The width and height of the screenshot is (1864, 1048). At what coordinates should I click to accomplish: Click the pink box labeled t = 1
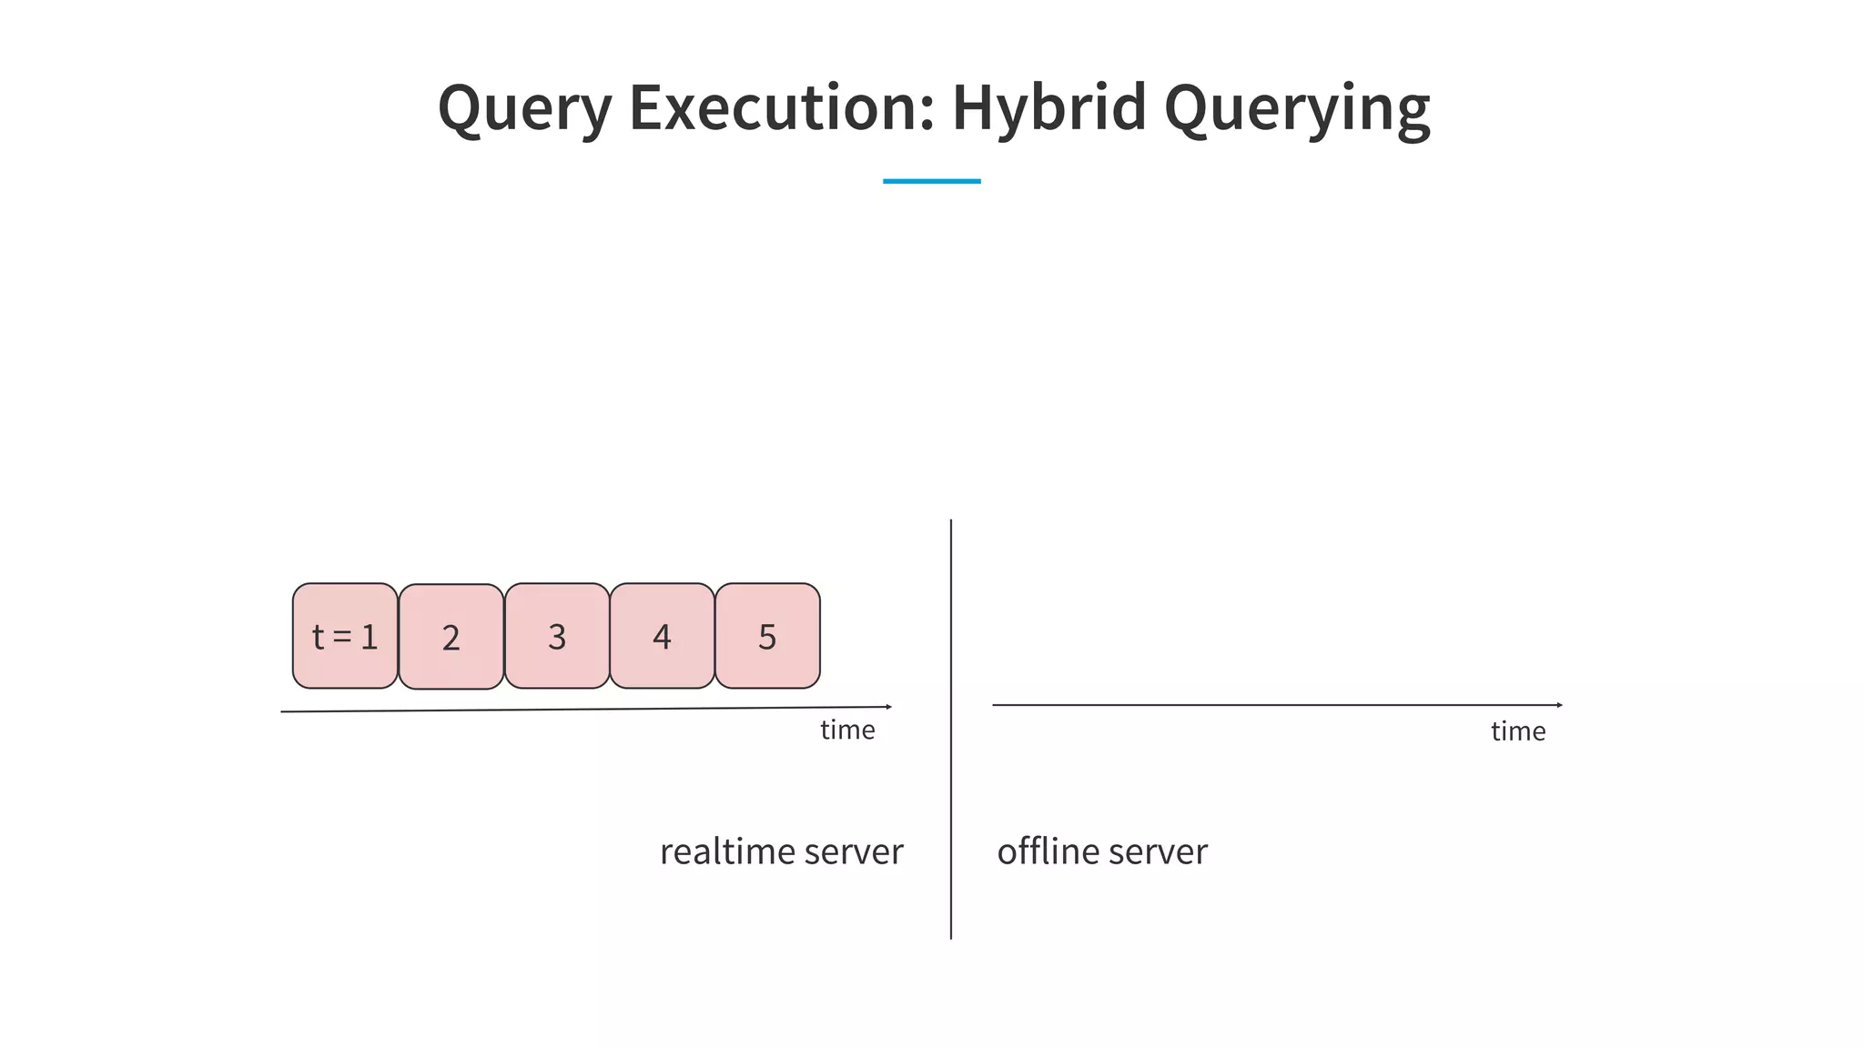point(345,636)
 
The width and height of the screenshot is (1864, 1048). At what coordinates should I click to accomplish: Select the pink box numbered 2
point(451,637)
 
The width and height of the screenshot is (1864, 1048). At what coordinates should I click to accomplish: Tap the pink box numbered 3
point(557,636)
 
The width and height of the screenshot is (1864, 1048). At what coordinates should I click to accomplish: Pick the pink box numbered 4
point(662,636)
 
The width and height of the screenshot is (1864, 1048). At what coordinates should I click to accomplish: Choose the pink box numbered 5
point(767,636)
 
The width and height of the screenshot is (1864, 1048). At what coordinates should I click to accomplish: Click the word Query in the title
point(525,108)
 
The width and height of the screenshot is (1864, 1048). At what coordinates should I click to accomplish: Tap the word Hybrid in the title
point(1048,106)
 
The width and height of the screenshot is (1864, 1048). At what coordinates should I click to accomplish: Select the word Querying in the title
point(1297,108)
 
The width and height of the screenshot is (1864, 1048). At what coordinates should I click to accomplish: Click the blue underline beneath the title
point(931,181)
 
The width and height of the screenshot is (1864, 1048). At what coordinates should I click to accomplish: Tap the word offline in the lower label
point(1048,851)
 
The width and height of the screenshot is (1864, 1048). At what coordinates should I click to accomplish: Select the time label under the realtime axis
point(847,730)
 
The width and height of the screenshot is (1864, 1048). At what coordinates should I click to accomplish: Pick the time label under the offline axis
point(1517,731)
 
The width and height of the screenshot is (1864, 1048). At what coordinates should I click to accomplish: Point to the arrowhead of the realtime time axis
point(888,706)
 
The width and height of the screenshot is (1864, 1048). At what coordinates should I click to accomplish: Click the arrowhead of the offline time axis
point(1559,705)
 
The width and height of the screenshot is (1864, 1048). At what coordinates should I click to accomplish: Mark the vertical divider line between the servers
point(951,728)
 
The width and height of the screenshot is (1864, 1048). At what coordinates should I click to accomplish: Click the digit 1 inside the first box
point(369,637)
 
